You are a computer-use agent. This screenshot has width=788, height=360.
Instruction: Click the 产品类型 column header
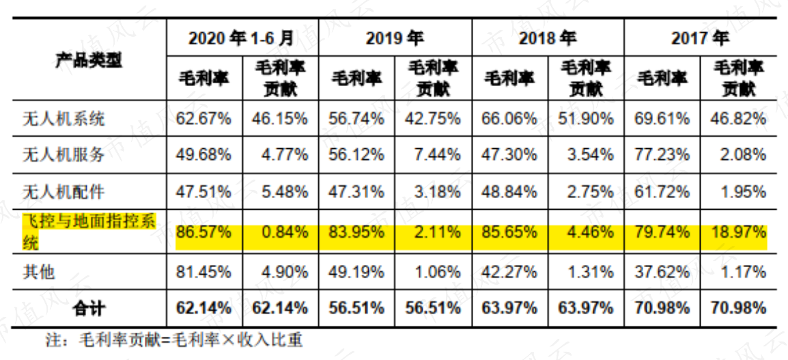tap(89, 60)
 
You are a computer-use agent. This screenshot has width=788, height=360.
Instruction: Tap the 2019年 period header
tap(395, 38)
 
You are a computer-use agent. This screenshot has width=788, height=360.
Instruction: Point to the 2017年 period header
tap(700, 38)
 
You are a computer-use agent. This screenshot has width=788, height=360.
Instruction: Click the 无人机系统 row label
tap(64, 119)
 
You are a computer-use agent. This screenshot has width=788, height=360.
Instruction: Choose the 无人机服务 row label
tap(64, 154)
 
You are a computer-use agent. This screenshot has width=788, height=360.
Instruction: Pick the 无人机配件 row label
tap(64, 191)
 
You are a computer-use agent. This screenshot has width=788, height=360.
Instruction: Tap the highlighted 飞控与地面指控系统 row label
tap(89, 232)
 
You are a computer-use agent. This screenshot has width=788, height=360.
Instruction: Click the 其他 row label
tap(39, 272)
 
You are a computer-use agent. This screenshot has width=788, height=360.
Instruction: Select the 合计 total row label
tap(89, 307)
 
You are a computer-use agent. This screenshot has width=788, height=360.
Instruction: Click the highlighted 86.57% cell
tap(203, 232)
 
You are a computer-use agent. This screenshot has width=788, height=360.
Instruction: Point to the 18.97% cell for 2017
tap(738, 232)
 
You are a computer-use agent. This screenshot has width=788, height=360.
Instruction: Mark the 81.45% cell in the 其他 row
tap(203, 272)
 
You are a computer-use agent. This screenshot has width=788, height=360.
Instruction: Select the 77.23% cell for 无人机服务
tap(662, 154)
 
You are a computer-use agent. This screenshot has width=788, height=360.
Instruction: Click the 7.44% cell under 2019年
tap(438, 154)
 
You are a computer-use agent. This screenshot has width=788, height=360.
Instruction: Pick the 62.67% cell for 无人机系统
tap(203, 119)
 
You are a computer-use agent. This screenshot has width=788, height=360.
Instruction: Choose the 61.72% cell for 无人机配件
tap(662, 191)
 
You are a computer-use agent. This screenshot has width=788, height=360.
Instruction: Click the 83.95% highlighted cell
tap(356, 232)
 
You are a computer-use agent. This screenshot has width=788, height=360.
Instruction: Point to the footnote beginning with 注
tap(174, 341)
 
